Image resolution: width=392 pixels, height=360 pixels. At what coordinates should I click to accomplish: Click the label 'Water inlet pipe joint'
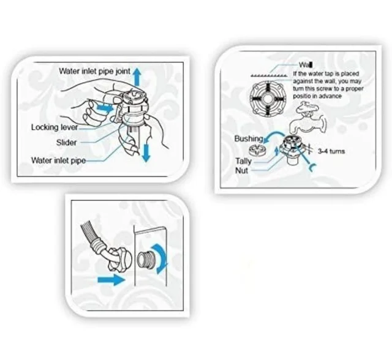coord(94,71)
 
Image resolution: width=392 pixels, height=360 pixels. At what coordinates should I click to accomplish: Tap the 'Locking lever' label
coord(55,127)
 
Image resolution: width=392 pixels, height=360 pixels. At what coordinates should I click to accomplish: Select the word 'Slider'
coord(66,143)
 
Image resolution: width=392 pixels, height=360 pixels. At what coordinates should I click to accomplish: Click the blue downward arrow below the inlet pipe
coord(146,152)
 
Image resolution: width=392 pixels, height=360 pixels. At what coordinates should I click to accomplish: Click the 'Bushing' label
coord(249,138)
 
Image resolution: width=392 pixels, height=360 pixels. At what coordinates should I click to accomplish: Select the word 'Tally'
coord(244,161)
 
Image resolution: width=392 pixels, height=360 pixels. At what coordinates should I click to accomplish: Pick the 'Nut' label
coord(241,171)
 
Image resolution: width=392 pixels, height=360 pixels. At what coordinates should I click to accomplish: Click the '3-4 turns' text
coord(331,151)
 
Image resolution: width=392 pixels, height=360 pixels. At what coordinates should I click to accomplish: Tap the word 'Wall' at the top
coord(306,65)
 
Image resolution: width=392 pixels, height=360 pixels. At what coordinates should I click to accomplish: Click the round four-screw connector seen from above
coord(267,99)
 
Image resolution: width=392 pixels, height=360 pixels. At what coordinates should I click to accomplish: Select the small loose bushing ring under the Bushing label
coord(257,150)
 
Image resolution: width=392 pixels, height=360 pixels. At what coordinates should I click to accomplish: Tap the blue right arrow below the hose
coord(111,280)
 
